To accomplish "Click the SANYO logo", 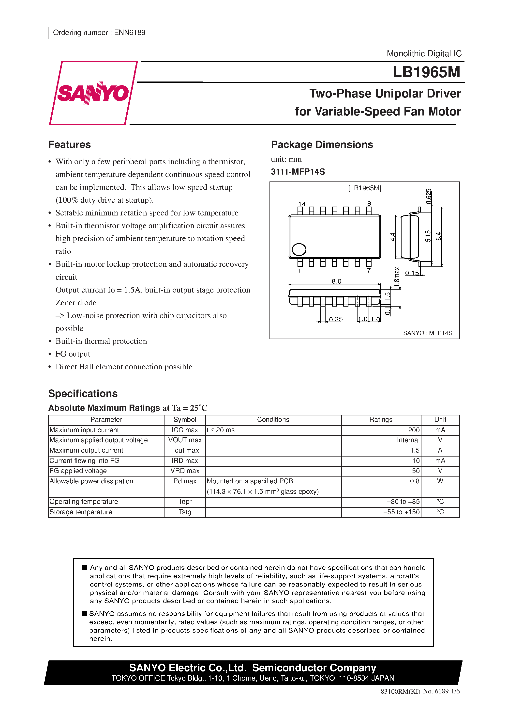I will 93,93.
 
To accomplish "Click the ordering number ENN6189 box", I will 105,33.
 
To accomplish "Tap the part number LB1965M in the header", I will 426,72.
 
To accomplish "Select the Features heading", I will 70,145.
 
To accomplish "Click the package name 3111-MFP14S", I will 298,172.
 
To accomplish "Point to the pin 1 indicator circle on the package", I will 299,250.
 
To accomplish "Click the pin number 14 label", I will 302,204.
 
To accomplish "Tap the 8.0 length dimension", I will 336,281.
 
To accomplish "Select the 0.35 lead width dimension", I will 336,319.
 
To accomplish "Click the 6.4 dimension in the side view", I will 438,236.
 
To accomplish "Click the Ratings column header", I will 381,420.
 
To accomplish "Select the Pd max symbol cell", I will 185,481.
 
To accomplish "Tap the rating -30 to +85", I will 403,501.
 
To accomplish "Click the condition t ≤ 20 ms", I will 221,430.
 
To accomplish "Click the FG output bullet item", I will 73,354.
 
